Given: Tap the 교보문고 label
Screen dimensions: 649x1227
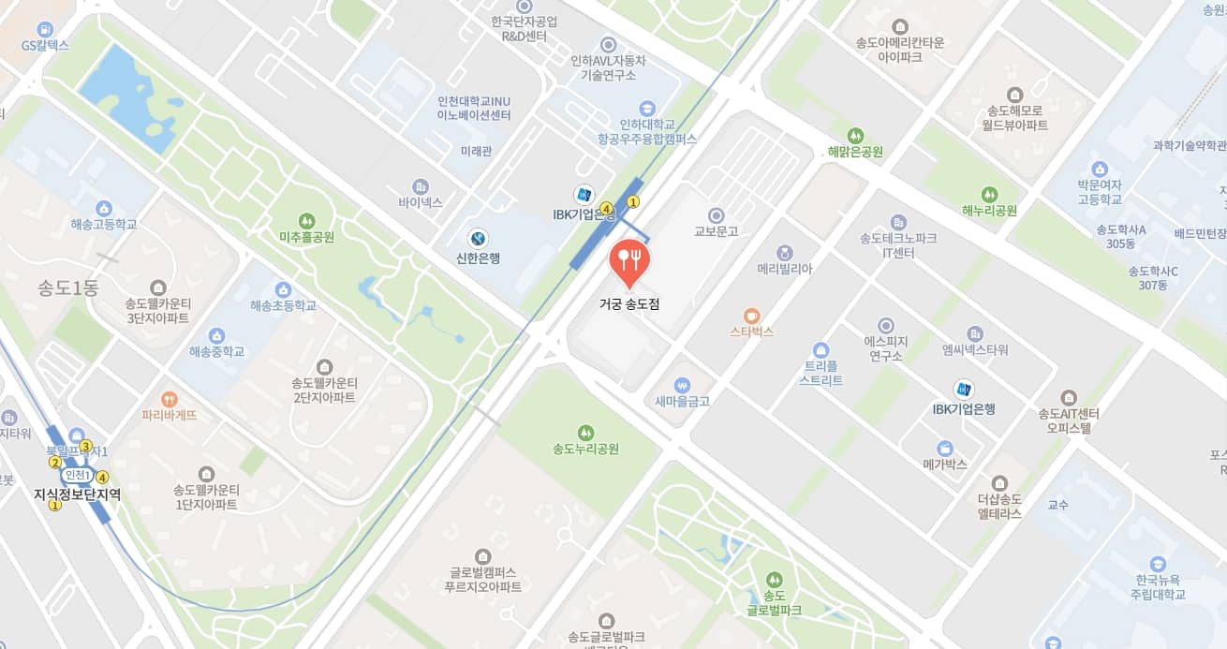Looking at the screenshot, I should coord(717,230).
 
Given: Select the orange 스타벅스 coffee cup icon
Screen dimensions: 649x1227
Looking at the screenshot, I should coord(751,316).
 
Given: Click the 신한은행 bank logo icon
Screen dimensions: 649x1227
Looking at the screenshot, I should coord(478,238).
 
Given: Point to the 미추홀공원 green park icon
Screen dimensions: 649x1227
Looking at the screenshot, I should coord(306,219).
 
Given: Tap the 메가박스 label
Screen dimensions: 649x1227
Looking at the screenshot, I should coord(944,465).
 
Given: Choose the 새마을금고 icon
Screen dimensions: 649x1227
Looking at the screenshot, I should coord(682,384).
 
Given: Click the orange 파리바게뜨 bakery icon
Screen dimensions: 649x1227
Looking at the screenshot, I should coord(170,398).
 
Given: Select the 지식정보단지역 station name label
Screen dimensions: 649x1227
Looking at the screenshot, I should coord(77,494).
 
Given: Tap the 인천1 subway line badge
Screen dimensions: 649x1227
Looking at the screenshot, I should coord(77,475).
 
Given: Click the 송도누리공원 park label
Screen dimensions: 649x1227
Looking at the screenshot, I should coord(585,449).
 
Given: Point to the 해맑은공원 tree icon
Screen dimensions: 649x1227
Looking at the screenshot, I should coord(855,135).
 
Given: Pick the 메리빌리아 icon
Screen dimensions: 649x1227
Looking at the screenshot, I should coord(784,252).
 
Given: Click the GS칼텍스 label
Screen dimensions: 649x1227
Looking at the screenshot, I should coord(45,45).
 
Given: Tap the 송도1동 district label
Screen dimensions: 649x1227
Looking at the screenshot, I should coord(67,288).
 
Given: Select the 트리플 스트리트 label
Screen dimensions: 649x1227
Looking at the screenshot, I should coord(820,374).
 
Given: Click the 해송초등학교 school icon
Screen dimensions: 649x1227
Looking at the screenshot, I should coord(283,288).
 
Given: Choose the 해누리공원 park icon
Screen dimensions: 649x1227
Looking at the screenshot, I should coord(989,194).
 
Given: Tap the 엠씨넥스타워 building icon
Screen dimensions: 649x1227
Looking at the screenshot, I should coord(975,333).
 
